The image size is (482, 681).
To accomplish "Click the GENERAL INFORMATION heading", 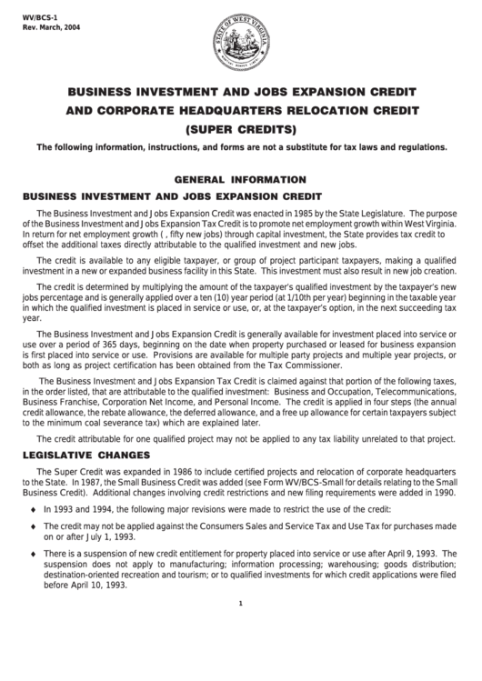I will pyautogui.click(x=240, y=179).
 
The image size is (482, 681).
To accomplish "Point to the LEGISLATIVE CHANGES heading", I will pyautogui.click(x=85, y=453).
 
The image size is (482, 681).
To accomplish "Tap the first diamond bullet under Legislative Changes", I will pyautogui.click(x=34, y=510).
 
